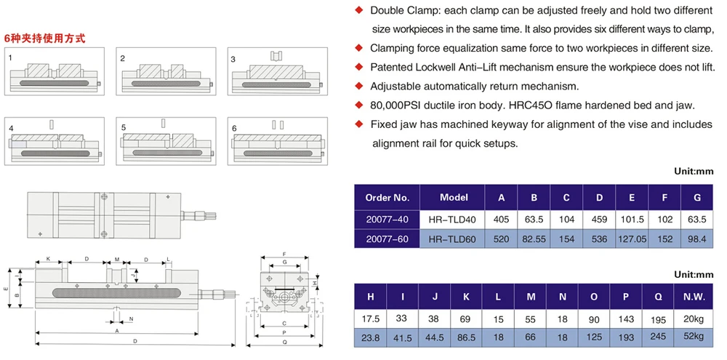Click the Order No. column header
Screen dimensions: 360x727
pos(387,198)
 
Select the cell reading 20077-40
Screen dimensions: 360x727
pos(387,219)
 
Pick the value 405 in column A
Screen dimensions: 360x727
pos(501,219)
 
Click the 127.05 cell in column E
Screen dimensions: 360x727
pos(632,239)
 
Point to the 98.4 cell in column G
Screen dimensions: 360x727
pos(697,239)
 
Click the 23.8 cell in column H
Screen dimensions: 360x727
pos(371,337)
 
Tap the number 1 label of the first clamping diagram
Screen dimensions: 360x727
pos(10,57)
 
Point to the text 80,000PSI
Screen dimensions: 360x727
pos(397,105)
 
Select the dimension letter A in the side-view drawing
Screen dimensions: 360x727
pos(116,329)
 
